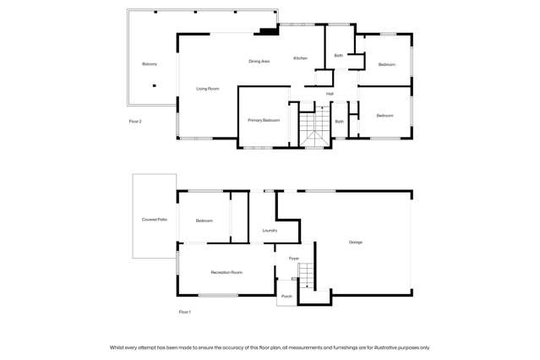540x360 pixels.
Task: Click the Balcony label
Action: [150, 64]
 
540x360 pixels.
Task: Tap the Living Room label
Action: [208, 88]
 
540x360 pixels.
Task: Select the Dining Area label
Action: [259, 61]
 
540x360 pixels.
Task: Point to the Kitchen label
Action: [300, 57]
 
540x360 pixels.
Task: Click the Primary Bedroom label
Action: [264, 120]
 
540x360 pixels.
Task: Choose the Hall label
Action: [330, 93]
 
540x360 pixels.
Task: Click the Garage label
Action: [357, 243]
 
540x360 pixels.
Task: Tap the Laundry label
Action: [270, 230]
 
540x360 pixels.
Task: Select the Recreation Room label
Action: [226, 272]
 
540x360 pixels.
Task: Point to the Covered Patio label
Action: [155, 220]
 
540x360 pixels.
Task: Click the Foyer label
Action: [294, 258]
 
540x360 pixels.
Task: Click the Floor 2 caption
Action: [135, 121]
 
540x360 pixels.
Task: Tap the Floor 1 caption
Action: [185, 312]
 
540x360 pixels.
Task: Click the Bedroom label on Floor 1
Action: [205, 221]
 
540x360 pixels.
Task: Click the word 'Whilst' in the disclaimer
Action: [117, 347]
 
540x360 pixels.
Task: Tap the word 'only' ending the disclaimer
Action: [424, 347]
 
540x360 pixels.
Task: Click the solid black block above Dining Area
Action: [268, 32]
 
